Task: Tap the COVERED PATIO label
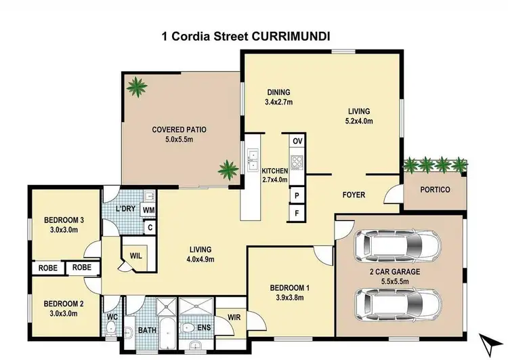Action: tap(179, 129)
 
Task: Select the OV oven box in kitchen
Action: tap(297, 142)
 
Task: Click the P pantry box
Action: tap(297, 195)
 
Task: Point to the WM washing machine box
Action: tap(148, 211)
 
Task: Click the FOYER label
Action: tap(354, 195)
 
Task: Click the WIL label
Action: tap(135, 256)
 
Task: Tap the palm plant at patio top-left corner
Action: tap(137, 86)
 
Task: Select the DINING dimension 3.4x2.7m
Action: tap(278, 103)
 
